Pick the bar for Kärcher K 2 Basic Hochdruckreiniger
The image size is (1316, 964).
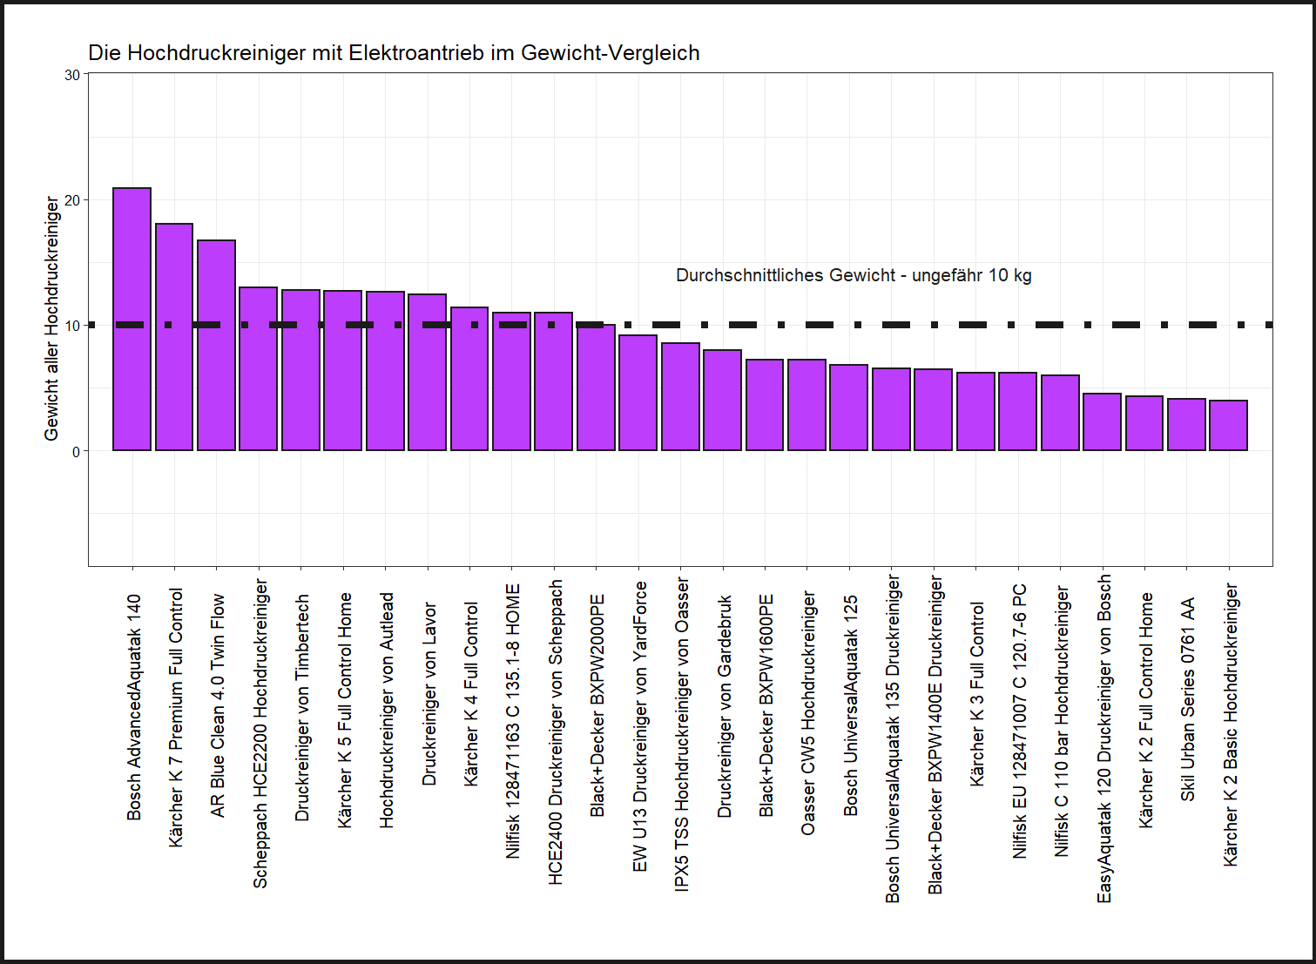pos(1228,426)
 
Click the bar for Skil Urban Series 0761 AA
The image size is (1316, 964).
pos(1186,425)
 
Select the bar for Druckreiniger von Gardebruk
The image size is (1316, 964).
pos(722,401)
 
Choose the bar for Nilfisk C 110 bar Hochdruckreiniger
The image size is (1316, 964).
pos(1060,413)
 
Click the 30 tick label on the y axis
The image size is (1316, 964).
pos(72,76)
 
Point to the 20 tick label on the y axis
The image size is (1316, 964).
pos(72,200)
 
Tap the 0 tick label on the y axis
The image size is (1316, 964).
pos(76,451)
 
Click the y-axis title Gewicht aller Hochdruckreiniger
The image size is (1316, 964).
pos(52,319)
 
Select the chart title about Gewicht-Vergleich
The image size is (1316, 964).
pos(394,53)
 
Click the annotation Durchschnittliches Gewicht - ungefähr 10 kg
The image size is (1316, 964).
pos(854,276)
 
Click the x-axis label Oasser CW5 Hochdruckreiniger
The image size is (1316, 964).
pos(808,712)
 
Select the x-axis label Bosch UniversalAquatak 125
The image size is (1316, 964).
pos(851,705)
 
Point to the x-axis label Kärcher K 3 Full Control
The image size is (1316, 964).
pos(977,694)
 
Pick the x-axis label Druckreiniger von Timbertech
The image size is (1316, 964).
pos(302,707)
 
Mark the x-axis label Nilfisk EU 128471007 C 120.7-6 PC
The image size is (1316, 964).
pos(1020,721)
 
